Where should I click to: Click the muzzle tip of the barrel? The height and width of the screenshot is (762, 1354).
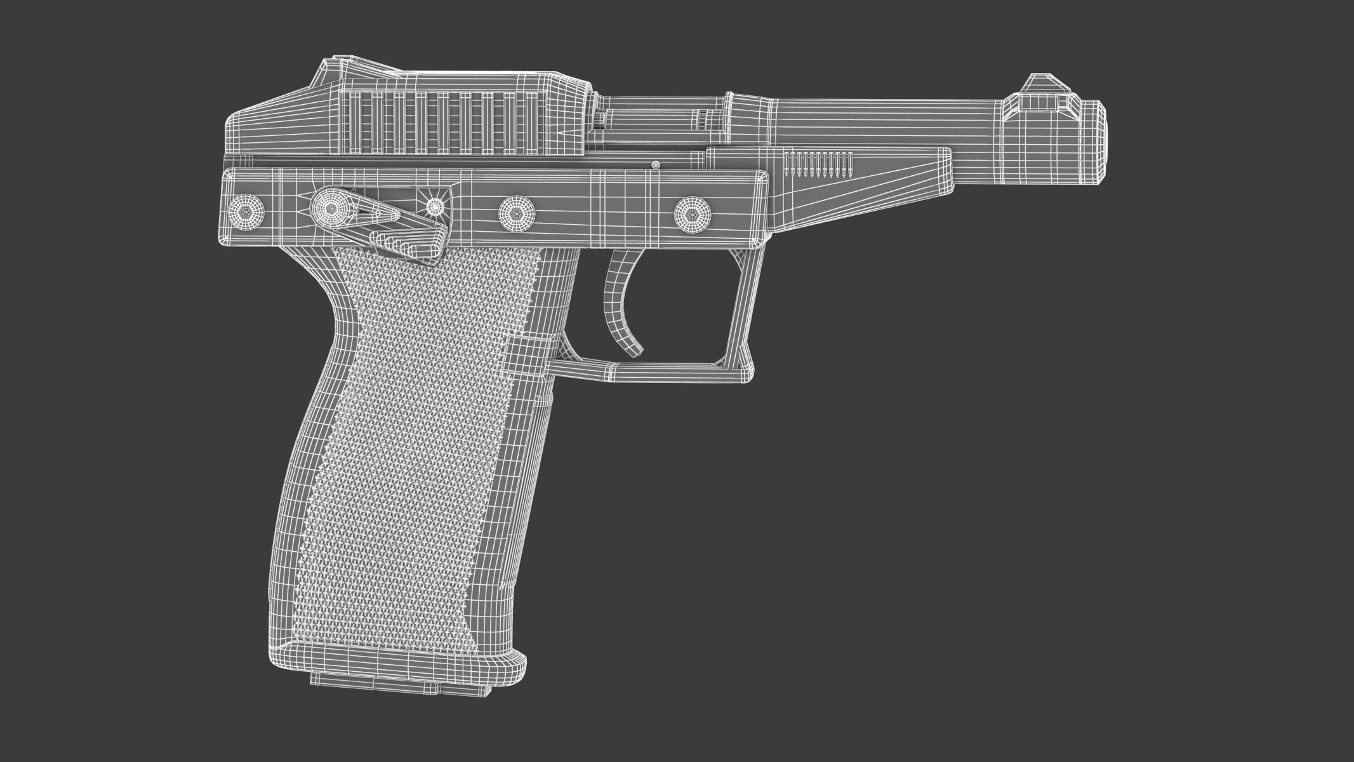[x=1096, y=144]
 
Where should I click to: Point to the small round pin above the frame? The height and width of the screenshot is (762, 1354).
[x=656, y=165]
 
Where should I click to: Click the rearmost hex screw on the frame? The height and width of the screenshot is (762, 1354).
[x=245, y=208]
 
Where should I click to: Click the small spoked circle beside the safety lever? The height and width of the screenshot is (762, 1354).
[x=435, y=206]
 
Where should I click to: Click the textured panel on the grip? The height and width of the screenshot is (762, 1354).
[x=413, y=444]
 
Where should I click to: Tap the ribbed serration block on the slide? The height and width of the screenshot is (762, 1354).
[x=444, y=123]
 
